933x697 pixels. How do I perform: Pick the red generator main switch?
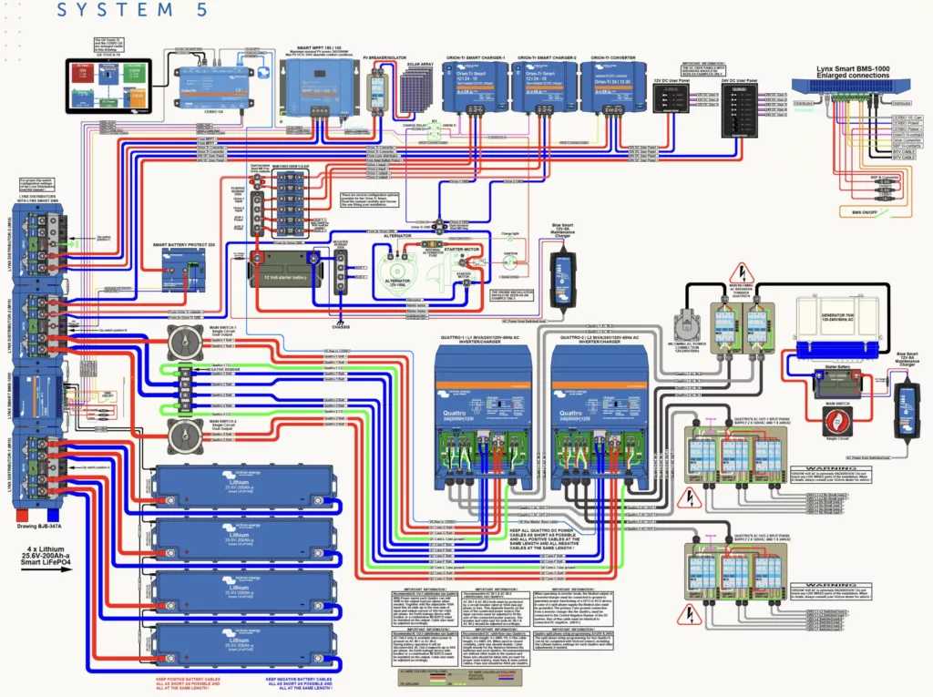pos(836,421)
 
